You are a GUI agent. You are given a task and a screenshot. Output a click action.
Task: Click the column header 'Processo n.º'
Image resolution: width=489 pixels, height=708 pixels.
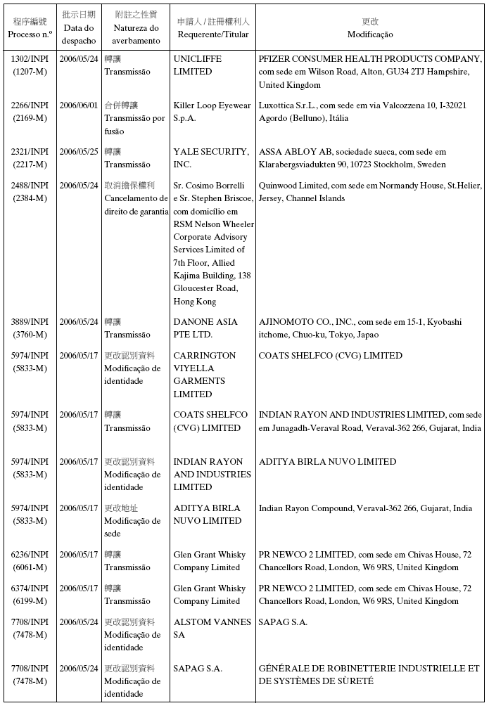(30, 34)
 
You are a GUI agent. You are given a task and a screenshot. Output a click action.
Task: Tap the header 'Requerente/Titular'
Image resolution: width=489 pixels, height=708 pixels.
(213, 34)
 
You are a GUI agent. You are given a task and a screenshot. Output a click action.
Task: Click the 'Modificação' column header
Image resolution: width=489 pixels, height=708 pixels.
(370, 34)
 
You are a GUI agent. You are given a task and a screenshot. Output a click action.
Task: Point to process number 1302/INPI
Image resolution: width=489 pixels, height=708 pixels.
(30, 59)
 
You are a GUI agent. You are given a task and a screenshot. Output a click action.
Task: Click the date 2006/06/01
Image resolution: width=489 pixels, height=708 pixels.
(79, 105)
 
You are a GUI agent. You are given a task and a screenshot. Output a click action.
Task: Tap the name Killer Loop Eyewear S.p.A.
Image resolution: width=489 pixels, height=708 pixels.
(212, 112)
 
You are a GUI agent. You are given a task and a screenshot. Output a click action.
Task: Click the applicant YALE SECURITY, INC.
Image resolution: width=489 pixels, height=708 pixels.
(211, 158)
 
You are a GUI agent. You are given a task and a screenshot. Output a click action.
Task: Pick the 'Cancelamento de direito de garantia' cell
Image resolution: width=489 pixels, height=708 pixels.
(136, 205)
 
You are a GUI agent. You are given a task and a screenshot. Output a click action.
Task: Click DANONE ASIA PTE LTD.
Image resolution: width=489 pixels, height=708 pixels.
(205, 328)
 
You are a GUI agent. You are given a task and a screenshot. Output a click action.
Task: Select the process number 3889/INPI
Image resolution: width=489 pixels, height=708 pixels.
(30, 322)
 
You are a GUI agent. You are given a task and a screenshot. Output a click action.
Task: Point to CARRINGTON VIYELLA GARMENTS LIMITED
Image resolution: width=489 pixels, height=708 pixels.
(205, 375)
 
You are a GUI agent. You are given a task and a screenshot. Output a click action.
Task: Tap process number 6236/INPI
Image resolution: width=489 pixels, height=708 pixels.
(30, 555)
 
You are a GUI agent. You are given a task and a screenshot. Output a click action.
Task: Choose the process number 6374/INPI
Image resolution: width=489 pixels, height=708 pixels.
(30, 588)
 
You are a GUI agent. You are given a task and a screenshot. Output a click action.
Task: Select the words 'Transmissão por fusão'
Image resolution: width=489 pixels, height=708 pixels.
(134, 124)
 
